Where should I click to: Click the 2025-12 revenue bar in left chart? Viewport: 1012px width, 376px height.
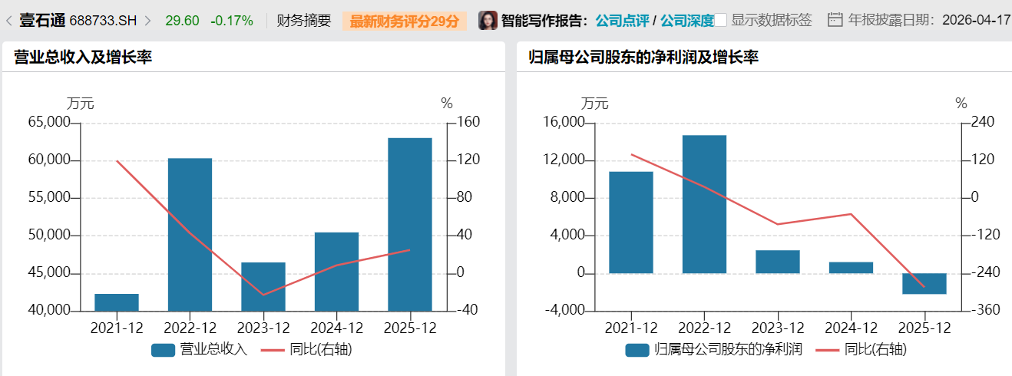[x=409, y=224]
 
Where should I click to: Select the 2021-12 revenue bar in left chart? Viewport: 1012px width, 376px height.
[x=117, y=302]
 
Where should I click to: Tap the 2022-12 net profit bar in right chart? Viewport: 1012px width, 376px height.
[x=704, y=204]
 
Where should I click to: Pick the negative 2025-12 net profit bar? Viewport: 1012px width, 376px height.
[x=924, y=283]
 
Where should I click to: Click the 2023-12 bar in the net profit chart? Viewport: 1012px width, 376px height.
[x=777, y=262]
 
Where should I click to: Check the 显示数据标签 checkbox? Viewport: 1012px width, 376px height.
[x=721, y=21]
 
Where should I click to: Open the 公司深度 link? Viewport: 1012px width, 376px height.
[x=686, y=21]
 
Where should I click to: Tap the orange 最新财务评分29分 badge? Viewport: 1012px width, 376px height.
[x=404, y=21]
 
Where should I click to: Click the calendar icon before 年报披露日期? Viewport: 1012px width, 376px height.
[x=835, y=20]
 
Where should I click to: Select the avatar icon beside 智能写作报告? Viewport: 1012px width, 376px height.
[x=488, y=21]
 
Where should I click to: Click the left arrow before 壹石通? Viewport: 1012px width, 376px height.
[x=8, y=21]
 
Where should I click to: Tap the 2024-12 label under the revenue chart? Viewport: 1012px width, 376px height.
[x=336, y=328]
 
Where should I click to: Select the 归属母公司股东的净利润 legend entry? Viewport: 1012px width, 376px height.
[x=714, y=350]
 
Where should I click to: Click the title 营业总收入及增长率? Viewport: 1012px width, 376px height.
[x=83, y=57]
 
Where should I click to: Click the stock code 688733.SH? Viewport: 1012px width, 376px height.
[x=103, y=21]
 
